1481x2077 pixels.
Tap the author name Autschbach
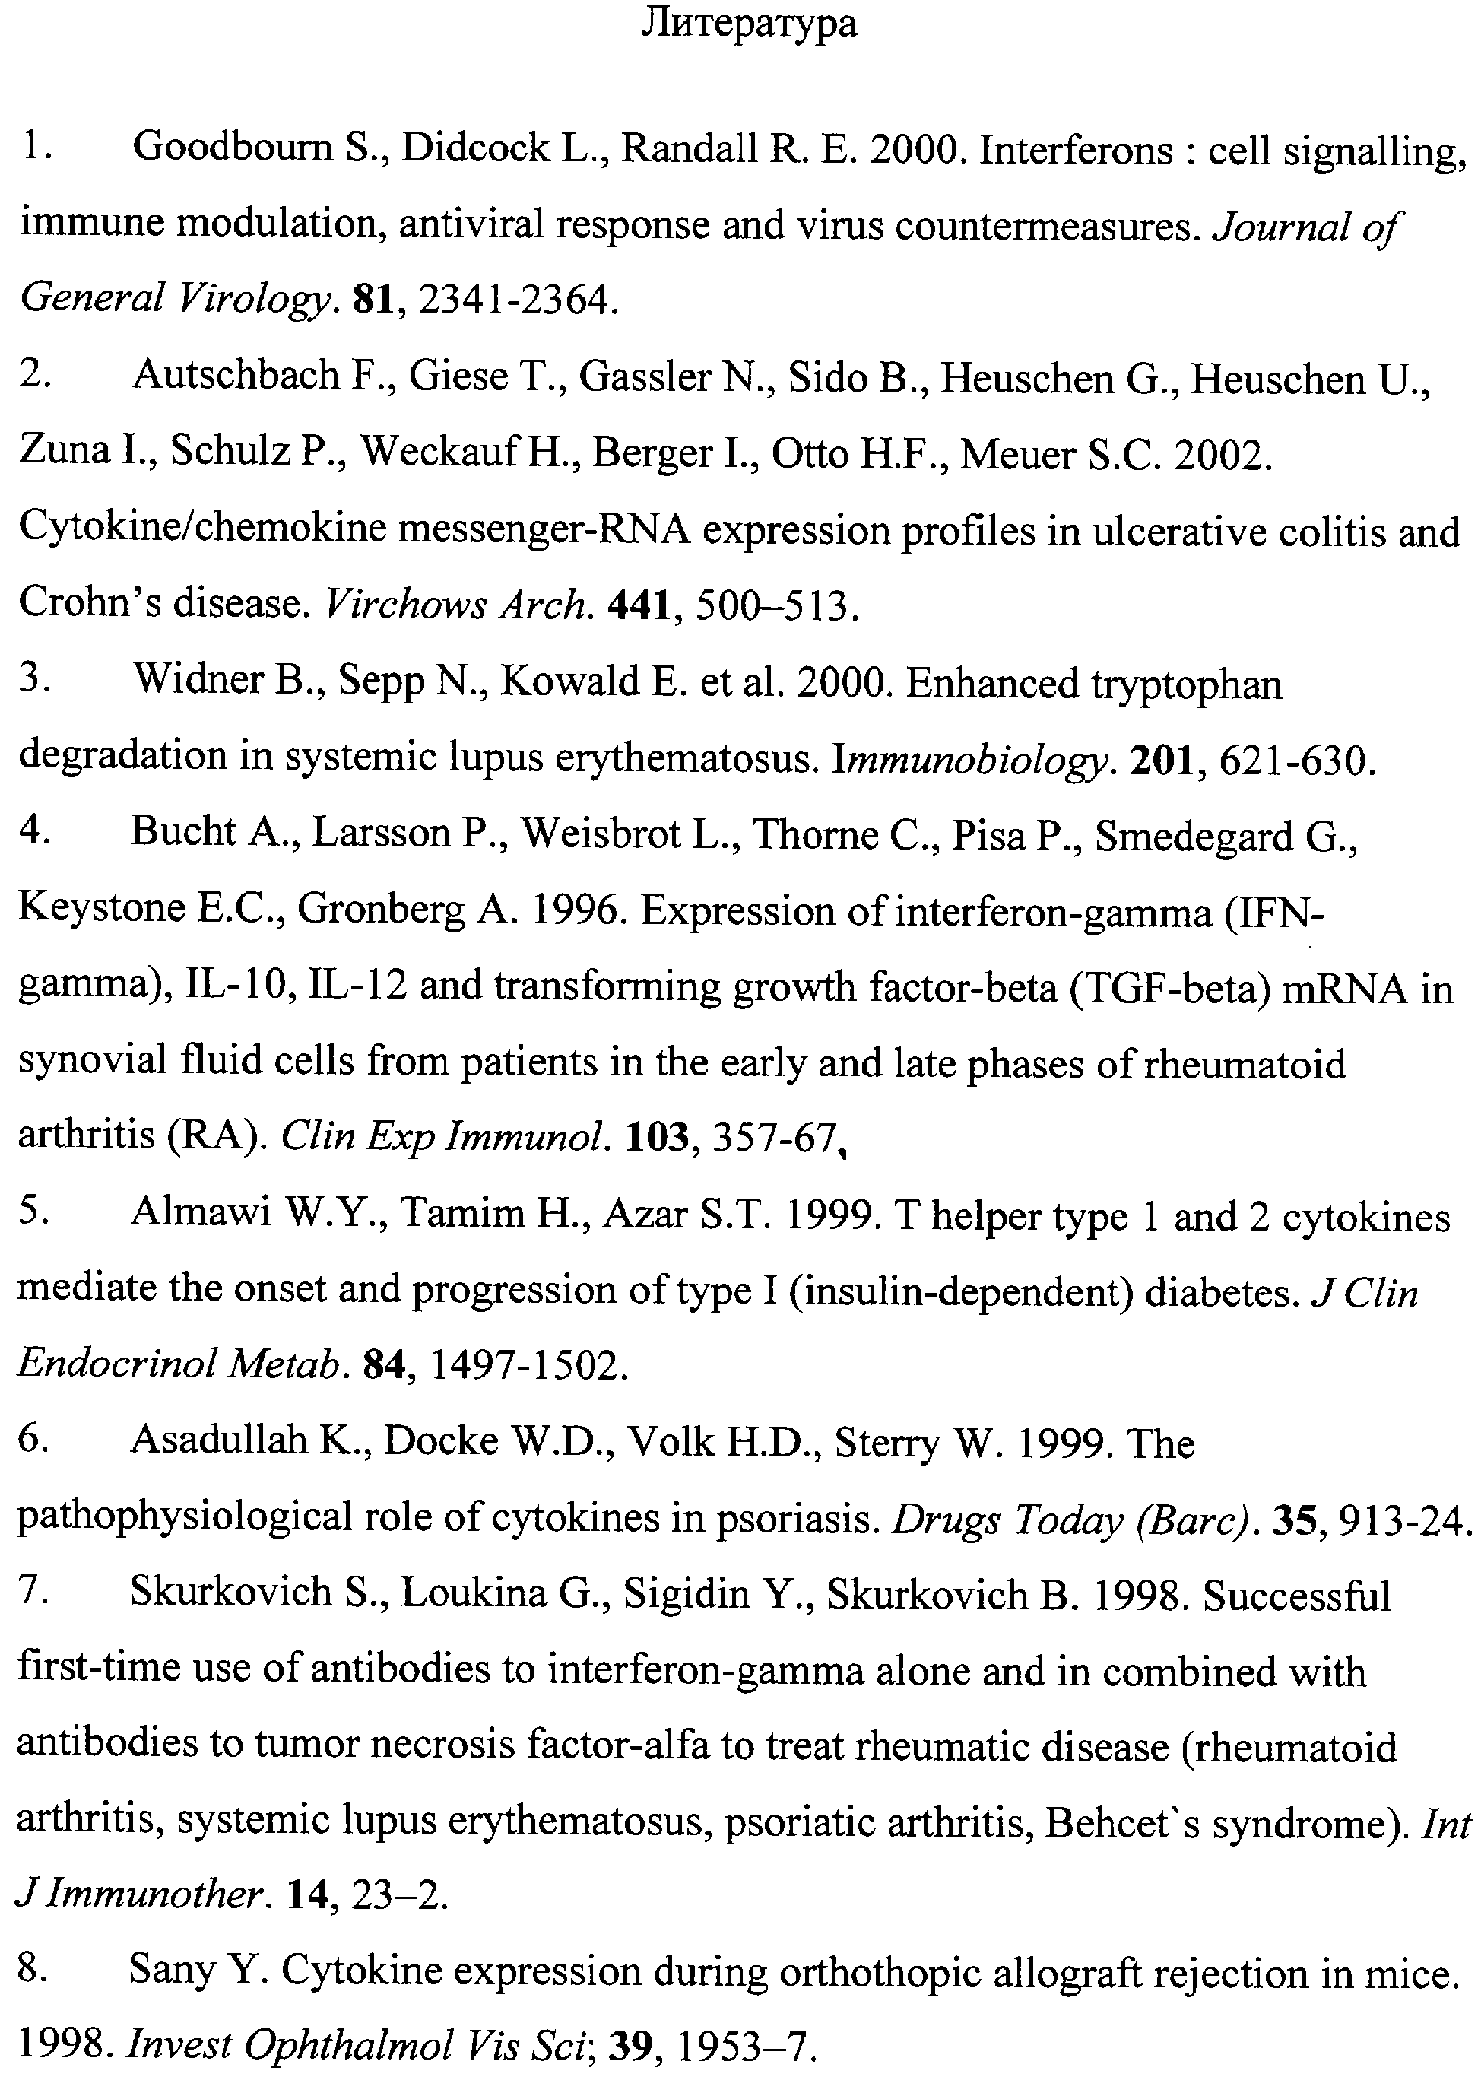tap(236, 376)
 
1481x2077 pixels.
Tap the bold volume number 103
tap(655, 1138)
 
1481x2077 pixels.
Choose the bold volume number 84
tap(384, 1364)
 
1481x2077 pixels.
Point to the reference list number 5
tap(33, 1213)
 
